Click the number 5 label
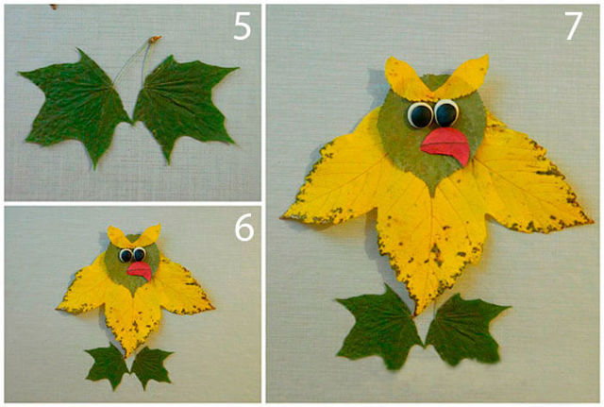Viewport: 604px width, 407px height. tap(243, 27)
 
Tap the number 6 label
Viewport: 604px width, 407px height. tap(244, 228)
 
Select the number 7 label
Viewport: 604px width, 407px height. tap(574, 26)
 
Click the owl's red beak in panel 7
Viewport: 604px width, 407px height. tap(446, 145)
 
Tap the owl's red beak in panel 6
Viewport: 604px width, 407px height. tap(140, 270)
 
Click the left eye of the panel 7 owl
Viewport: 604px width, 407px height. tap(420, 115)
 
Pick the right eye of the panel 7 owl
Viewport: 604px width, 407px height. tap(446, 113)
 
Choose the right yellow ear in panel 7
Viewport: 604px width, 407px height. tap(463, 77)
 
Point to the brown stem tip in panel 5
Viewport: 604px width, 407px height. tap(155, 39)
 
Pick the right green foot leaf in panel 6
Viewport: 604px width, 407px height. tap(151, 366)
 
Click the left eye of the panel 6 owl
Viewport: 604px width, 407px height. tap(126, 255)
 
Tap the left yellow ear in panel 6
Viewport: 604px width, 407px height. tap(118, 236)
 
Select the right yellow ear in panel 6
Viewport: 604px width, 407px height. tap(148, 234)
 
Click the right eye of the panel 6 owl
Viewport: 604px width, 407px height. tap(139, 254)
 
